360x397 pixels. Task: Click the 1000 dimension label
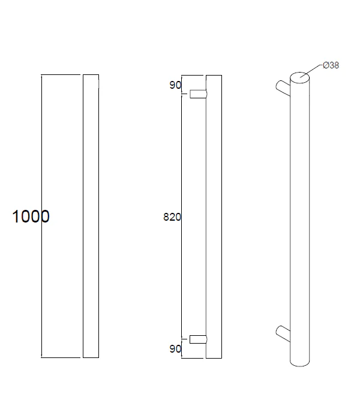31,216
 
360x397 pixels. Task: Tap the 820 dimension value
172,217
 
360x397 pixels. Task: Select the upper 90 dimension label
175,85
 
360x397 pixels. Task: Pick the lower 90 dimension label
175,349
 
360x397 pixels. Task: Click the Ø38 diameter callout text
331,65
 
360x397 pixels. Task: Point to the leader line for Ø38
311,70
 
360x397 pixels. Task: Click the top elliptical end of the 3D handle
300,78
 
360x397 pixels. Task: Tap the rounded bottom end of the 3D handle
300,363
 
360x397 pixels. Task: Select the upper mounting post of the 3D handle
283,88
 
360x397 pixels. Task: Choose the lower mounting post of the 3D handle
283,333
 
